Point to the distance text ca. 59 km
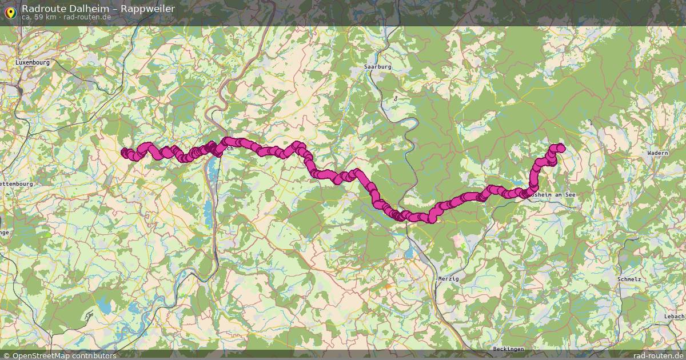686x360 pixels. [39, 17]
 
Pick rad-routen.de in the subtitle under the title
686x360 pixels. [86, 17]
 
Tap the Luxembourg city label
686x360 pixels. [33, 62]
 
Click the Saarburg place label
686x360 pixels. [378, 67]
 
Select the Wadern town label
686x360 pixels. [658, 153]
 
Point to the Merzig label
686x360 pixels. [448, 278]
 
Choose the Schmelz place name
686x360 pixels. [629, 279]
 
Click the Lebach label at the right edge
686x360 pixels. [675, 316]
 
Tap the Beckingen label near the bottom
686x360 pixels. [508, 349]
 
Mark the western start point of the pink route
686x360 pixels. [124, 152]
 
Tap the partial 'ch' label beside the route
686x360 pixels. [229, 149]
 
